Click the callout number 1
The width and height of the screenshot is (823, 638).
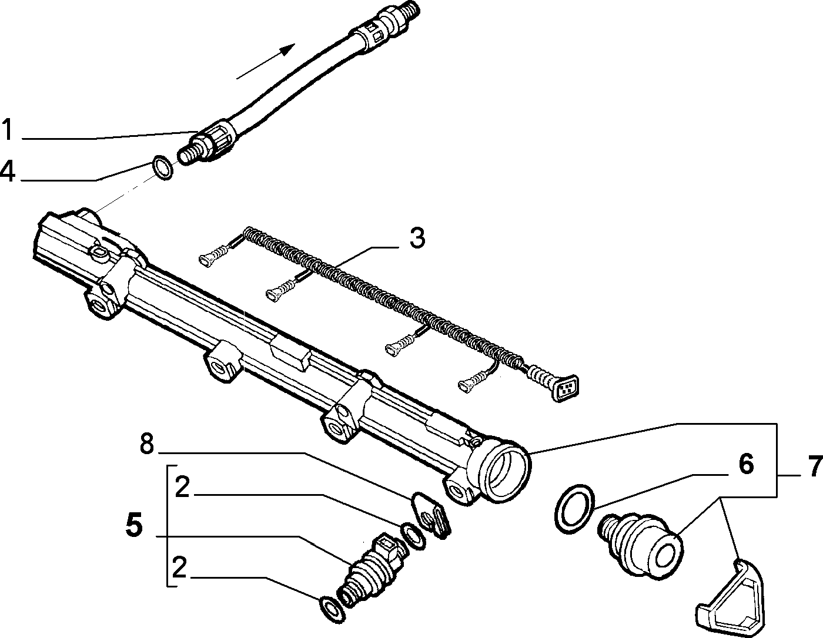pyautogui.click(x=8, y=129)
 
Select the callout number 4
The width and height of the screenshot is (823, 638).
pyautogui.click(x=8, y=171)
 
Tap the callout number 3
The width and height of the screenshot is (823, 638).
pyautogui.click(x=417, y=238)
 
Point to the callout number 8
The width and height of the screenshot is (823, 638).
pyautogui.click(x=147, y=444)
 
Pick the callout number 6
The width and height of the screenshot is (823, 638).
pyautogui.click(x=746, y=464)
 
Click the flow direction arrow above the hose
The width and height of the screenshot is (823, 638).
pyautogui.click(x=265, y=61)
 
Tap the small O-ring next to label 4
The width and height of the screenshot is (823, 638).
pyautogui.click(x=162, y=167)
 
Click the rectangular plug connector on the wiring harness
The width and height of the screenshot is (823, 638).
pyautogui.click(x=566, y=388)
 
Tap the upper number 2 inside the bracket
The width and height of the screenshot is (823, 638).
pyautogui.click(x=182, y=487)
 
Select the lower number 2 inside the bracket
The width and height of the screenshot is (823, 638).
pyautogui.click(x=179, y=568)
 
